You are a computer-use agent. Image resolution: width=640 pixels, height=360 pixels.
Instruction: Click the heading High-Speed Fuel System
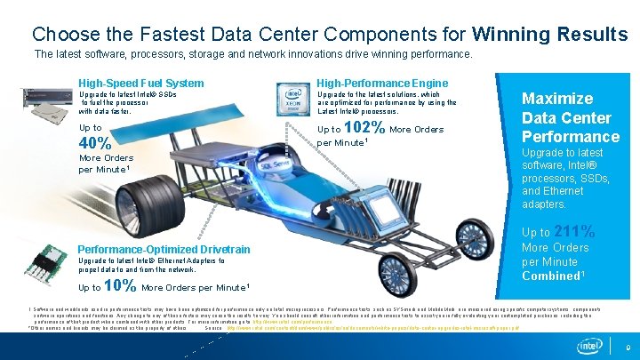point(141,84)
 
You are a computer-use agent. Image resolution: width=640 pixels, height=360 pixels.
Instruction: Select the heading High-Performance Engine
point(383,84)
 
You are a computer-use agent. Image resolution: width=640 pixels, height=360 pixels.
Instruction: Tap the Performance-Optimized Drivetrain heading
point(164,250)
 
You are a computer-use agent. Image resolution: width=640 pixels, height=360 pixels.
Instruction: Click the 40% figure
point(95,144)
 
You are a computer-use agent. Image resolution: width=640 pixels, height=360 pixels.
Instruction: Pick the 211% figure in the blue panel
point(573,232)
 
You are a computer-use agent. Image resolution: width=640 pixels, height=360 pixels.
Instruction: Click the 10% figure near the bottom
point(120,286)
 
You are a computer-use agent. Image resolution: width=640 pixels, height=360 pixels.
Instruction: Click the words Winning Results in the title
point(550,35)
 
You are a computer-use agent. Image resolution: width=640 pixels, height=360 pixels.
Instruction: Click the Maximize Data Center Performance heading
point(570,117)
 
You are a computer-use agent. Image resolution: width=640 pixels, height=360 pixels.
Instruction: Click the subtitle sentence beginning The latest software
point(252,54)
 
